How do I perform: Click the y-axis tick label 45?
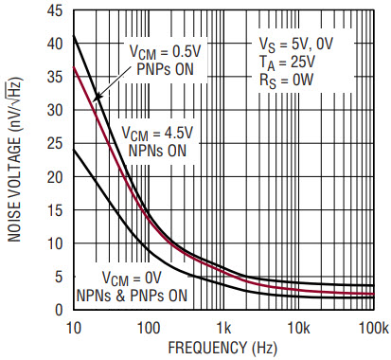click(55, 11)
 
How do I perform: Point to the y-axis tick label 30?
click(55, 110)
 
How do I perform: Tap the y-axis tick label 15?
click(55, 210)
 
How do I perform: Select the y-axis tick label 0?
click(59, 310)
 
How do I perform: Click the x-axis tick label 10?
click(73, 329)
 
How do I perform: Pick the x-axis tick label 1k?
click(223, 329)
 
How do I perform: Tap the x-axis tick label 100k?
click(374, 329)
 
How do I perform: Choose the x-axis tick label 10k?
click(298, 329)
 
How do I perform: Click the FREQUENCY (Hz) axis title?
click(222, 348)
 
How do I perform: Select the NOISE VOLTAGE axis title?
click(14, 159)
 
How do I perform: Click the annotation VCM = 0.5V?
click(166, 52)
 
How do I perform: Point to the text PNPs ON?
click(165, 69)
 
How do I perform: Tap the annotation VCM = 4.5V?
click(157, 134)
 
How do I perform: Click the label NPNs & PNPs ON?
click(132, 296)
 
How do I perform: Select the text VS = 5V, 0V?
click(296, 45)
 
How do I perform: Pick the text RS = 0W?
click(286, 81)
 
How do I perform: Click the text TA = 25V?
click(287, 63)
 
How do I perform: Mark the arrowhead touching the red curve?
click(96, 99)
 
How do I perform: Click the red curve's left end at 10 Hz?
click(74, 66)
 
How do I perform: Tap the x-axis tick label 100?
click(149, 329)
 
